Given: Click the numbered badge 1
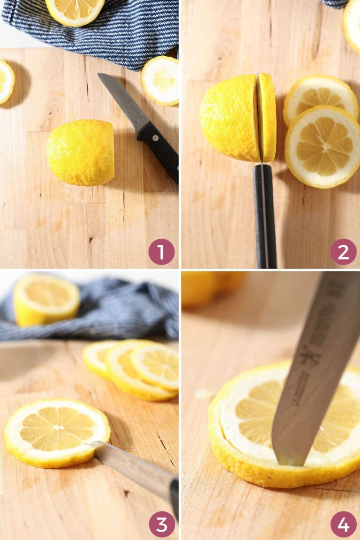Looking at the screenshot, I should [x=161, y=252].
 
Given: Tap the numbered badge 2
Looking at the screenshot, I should [x=343, y=252].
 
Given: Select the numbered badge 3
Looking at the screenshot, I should [x=161, y=524].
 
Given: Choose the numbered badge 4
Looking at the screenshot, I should [x=343, y=524].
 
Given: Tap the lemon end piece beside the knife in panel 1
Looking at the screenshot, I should [x=160, y=80].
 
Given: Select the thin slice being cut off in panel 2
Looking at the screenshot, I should [x=268, y=117].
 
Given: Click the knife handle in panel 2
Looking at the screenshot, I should [x=265, y=216].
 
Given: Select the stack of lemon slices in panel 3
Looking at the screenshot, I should [x=136, y=368].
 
